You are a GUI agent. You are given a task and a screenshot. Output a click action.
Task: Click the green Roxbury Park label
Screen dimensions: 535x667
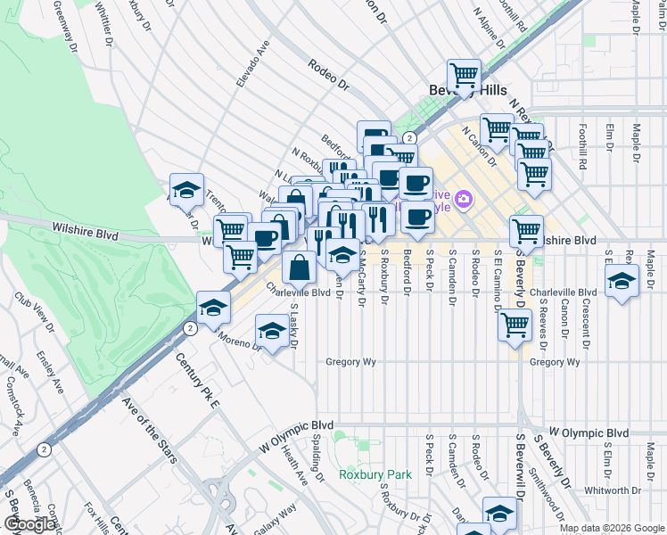click(x=375, y=474)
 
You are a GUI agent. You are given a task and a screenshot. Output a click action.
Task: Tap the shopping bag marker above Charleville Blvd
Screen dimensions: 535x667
click(x=299, y=265)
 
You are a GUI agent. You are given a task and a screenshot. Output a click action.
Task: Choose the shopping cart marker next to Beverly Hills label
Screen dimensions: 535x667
click(x=464, y=76)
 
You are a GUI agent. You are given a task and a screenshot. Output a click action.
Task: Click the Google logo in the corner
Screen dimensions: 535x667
click(x=29, y=525)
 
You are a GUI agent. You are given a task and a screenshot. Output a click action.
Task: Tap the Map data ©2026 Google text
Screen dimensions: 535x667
click(x=611, y=528)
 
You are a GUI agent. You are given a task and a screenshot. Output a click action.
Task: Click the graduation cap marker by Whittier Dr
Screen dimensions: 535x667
click(x=185, y=189)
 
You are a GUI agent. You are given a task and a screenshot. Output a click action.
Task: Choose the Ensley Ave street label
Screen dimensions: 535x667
click(x=50, y=372)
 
